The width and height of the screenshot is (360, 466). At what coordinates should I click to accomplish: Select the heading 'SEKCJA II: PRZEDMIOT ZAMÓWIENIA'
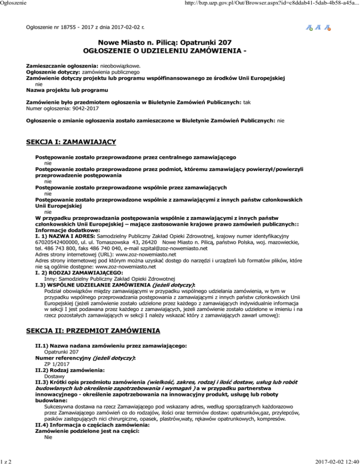click(x=93, y=331)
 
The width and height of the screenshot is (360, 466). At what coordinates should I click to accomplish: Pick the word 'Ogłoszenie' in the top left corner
click(x=13, y=5)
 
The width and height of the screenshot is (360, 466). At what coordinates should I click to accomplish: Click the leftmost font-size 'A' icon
click(x=309, y=28)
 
